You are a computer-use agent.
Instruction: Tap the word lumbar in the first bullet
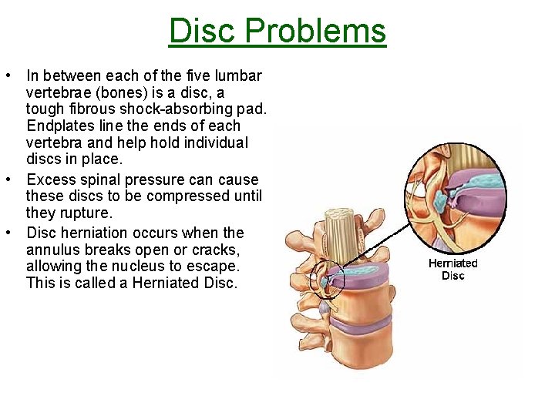point(239,76)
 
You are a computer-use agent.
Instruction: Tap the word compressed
point(183,196)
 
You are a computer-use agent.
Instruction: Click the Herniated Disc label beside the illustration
point(453,269)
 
